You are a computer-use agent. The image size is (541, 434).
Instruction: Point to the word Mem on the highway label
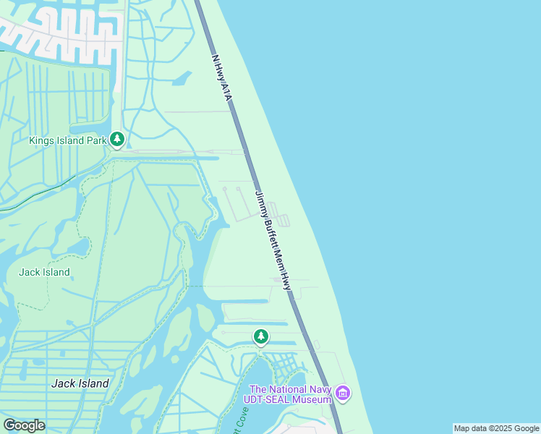(x=280, y=259)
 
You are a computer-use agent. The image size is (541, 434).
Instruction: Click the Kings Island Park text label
(x=67, y=140)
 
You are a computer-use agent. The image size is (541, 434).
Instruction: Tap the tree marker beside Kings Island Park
(x=117, y=139)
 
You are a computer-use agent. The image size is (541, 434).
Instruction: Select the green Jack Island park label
(x=44, y=272)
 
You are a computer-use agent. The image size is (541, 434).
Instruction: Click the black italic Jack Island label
(x=80, y=383)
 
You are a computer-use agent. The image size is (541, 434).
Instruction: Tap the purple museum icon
(x=343, y=394)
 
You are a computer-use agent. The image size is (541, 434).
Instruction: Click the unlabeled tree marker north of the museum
(x=260, y=336)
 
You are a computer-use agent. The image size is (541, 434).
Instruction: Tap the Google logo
(x=24, y=425)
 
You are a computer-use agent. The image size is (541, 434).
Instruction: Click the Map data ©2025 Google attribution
(x=496, y=428)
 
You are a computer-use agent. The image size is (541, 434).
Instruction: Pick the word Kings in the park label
(x=41, y=140)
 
